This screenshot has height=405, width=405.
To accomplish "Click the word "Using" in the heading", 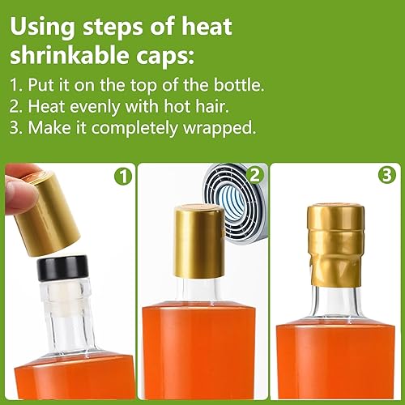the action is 42,28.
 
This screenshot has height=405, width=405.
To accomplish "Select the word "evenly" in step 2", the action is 95,107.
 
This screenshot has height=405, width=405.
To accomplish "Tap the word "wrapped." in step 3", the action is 220,128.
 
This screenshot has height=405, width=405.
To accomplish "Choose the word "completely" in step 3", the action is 134,128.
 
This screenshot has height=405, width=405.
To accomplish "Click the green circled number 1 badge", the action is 124,177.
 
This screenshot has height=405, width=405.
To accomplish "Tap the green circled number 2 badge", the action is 254,175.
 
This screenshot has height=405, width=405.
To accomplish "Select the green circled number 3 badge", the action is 387,175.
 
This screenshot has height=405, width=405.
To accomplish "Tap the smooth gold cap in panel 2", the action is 198,241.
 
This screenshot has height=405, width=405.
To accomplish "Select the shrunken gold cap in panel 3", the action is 335,245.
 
